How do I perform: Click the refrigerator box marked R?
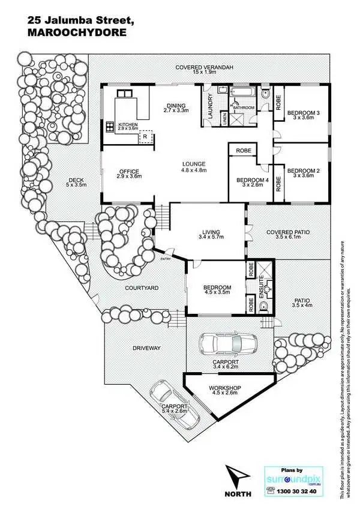pos(145,137)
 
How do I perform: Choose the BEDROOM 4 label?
pos(252,179)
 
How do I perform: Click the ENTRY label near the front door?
pos(166,259)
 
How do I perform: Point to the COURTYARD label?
pos(142,288)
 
